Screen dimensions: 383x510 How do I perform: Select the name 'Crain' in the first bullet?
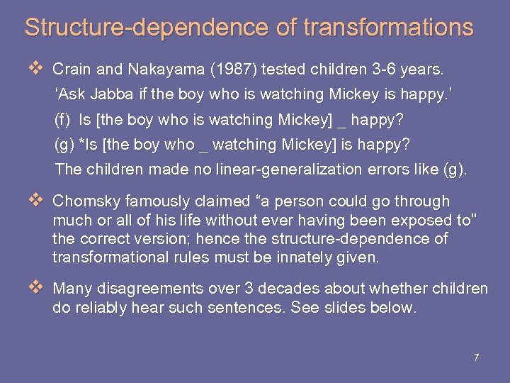tap(71, 70)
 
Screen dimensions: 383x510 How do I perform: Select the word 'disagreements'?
tap(151, 289)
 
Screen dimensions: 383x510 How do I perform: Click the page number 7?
tap(476, 357)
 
